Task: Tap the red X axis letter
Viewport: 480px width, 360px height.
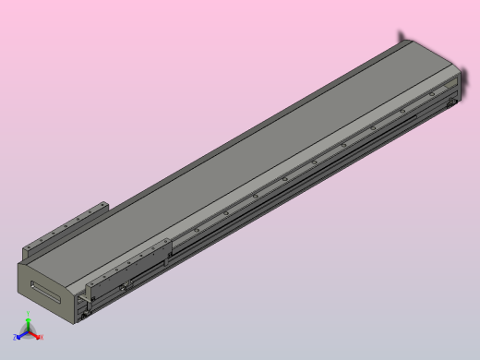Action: [42, 338]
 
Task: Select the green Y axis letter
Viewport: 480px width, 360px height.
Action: [30, 317]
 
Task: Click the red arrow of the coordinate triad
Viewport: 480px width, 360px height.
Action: [35, 335]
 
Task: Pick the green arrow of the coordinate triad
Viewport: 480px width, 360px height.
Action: [29, 324]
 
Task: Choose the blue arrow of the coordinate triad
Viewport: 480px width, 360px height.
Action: [22, 334]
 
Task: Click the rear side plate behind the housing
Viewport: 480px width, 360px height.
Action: [65, 231]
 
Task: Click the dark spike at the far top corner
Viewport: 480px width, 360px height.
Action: [402, 36]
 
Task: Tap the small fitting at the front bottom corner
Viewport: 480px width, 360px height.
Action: [86, 318]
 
